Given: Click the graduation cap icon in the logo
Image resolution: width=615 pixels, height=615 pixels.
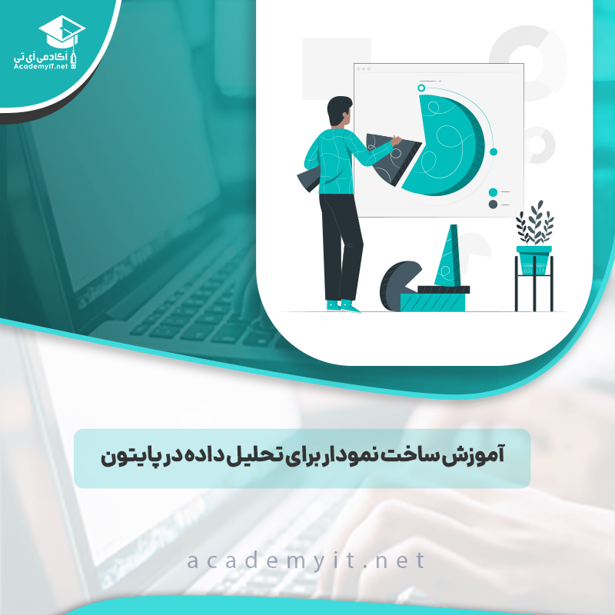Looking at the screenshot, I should tap(61, 30).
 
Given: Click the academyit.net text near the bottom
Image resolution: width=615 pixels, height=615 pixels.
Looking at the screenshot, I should tap(305, 560).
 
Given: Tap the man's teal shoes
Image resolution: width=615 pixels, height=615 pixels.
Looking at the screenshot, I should tap(342, 306).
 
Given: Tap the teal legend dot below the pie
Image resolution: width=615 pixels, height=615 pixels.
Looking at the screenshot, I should tap(493, 192).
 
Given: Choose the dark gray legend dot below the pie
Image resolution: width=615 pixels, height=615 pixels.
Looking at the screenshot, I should tap(493, 204).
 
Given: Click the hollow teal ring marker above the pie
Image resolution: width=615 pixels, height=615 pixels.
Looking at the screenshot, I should tap(421, 88).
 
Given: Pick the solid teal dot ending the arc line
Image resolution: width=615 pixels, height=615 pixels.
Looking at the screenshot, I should tap(494, 151).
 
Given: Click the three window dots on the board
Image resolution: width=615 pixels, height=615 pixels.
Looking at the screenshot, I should tap(363, 69).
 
